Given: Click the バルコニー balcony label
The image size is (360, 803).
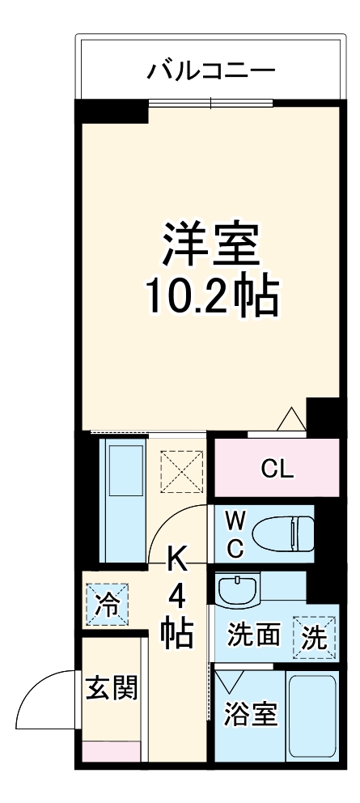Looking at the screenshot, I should coord(210,70).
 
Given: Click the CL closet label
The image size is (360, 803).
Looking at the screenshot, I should coord(277,469).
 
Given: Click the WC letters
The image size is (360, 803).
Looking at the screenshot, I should coord(234,533).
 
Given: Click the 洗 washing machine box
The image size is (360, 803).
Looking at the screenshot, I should coord(315,637).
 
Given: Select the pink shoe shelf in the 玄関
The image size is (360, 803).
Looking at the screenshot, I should coord(112,751).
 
